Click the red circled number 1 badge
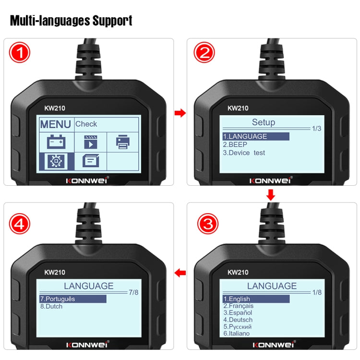[x=19, y=53]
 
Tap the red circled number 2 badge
[x=204, y=53]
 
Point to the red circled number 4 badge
[x=19, y=223]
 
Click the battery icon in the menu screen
[x=56, y=142]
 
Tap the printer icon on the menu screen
[x=123, y=142]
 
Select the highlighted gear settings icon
[x=56, y=161]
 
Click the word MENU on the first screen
[x=56, y=124]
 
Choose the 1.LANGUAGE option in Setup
[x=245, y=136]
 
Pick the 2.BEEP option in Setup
[x=235, y=144]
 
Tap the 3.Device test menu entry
[x=244, y=153]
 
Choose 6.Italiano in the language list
[x=237, y=333]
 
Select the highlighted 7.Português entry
[x=58, y=299]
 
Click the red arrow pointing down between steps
[x=271, y=195]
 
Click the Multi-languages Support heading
[x=71, y=21]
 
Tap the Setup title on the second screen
[x=264, y=122]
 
